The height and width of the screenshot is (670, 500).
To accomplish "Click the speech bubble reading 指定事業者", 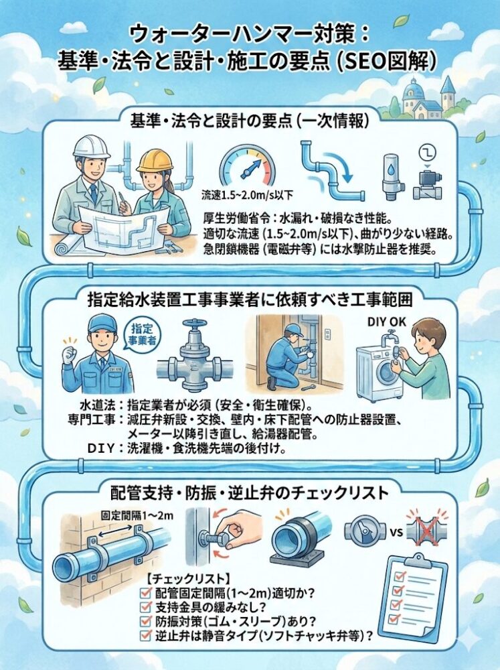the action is point(143,334).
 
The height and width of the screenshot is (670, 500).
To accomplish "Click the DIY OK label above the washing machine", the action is point(387,322).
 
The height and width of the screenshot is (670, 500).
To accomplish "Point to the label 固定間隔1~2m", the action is point(137,515).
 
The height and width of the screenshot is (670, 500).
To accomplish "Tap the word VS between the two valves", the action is point(396,533).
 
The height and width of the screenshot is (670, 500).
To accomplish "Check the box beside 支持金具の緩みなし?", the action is point(146,607).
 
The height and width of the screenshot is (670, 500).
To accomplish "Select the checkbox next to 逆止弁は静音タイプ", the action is point(146,635).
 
